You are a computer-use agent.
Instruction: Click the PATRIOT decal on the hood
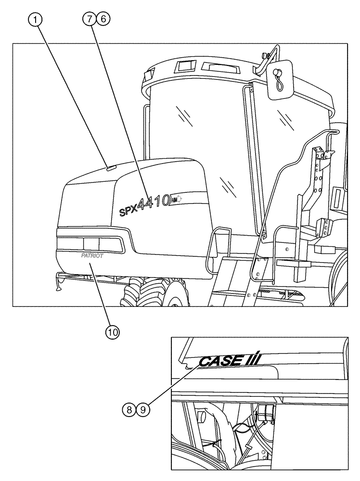coord(92,256)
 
